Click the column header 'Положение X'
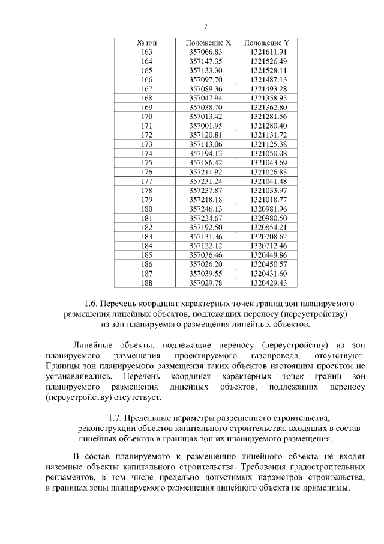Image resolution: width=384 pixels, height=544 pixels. coord(206,43)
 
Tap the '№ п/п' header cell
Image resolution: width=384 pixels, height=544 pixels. coord(146,43)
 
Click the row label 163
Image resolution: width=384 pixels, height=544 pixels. coord(146,52)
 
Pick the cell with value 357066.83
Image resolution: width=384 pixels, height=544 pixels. coord(206,52)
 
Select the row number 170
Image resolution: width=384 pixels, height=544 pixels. coord(146,116)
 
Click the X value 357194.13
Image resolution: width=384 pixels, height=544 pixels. coord(206,154)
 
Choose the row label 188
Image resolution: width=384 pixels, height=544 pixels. coord(146,282)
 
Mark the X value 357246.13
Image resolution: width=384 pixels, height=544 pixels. coord(206,209)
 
